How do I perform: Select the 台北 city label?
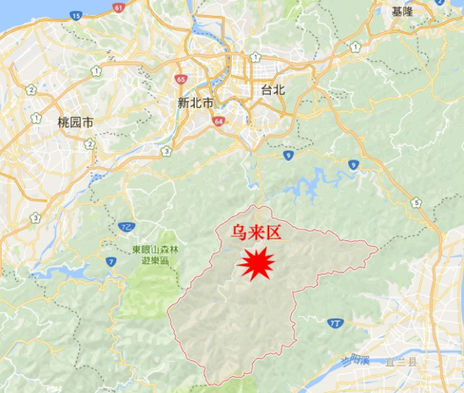click(276, 89)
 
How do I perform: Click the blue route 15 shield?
click(77, 15)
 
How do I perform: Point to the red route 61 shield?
click(117, 8)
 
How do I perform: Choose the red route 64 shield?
click(219, 121)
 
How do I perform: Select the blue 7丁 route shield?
click(337, 321)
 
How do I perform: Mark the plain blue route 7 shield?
click(111, 263)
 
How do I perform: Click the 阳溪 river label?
click(360, 360)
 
